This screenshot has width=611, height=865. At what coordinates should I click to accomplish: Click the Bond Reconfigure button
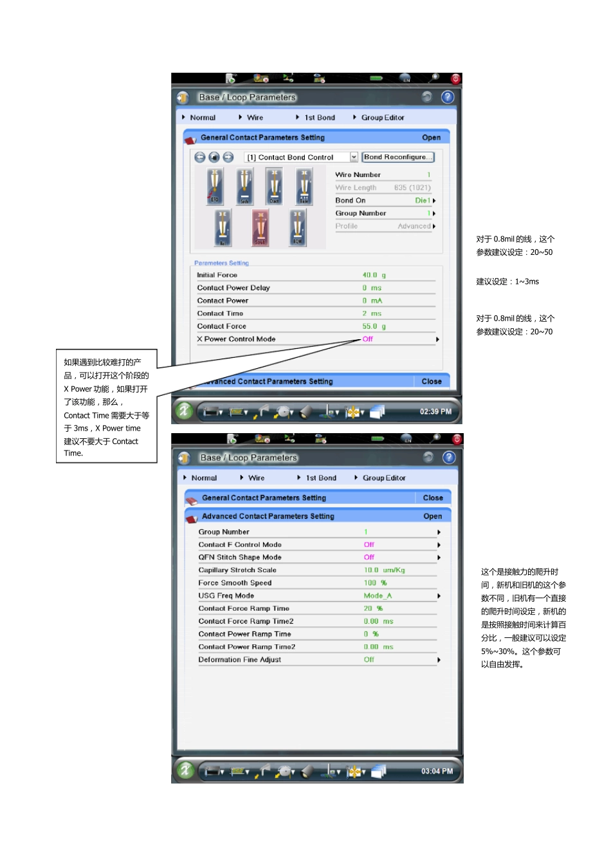tap(397, 157)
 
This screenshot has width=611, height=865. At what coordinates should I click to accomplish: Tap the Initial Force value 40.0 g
tap(374, 275)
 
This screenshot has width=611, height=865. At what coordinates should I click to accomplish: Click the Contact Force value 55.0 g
tap(374, 326)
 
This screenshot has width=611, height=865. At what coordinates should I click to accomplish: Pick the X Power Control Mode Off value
tap(367, 339)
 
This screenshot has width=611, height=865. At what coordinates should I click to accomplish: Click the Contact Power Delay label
tap(233, 288)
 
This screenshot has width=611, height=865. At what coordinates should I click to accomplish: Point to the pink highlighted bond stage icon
tap(260, 228)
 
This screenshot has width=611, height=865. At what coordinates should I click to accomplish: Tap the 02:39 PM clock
tap(435, 411)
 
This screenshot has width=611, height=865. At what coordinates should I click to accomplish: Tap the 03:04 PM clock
tap(437, 771)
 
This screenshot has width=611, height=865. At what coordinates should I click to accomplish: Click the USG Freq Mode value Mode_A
tap(378, 596)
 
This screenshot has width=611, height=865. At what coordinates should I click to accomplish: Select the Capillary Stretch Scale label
tap(237, 570)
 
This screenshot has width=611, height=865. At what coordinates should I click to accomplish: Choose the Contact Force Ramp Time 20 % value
tap(373, 608)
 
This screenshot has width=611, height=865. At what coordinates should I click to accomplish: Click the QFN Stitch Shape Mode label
tap(240, 557)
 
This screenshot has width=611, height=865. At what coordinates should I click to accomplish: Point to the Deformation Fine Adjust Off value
tap(369, 660)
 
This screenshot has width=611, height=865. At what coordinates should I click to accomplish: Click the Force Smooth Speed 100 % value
tap(375, 583)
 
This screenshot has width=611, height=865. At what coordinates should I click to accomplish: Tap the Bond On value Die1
tap(423, 201)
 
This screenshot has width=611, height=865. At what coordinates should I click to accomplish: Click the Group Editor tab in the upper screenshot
tap(382, 118)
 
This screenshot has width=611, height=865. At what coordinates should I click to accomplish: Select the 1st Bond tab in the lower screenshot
tap(320, 478)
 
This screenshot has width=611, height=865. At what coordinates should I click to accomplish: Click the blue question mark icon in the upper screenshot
tap(448, 97)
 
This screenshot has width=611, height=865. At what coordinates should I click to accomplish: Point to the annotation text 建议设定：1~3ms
tap(507, 282)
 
